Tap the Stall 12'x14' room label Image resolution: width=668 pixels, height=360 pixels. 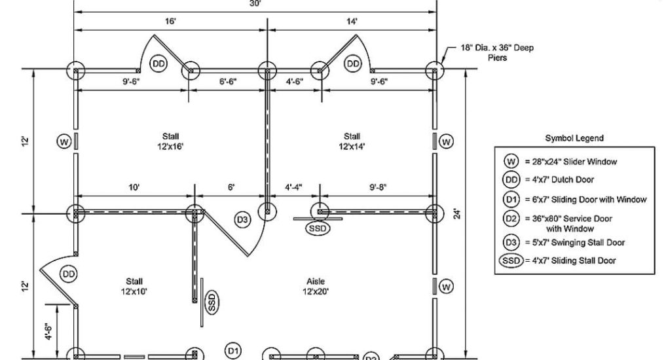coord(351,141)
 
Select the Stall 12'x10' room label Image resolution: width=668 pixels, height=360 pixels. coord(134,285)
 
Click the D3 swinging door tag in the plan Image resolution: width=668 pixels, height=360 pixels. coord(243,220)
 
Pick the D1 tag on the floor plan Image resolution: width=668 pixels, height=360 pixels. coord(233,350)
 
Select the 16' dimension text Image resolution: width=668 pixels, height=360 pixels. coord(170,22)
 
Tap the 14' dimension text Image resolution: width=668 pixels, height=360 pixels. coord(352,22)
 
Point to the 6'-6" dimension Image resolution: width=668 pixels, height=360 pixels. coord(228,82)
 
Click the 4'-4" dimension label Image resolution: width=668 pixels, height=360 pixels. coord(293,187)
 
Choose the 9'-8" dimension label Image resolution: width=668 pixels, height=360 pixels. coord(378,187)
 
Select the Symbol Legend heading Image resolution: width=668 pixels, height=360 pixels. coord(574,139)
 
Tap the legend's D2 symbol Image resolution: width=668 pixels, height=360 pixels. coord(511,219)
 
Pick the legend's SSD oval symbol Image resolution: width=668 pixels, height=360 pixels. coord(511,261)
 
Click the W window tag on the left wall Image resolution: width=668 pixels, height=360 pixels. coord(64,141)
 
